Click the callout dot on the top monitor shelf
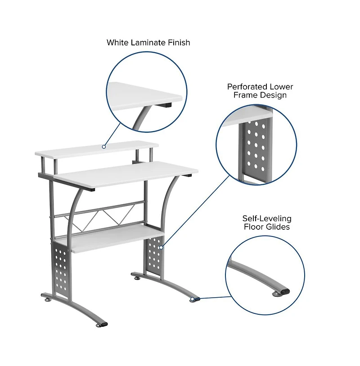[104, 146]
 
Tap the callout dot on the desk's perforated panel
[161, 247]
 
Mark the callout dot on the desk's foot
[193, 299]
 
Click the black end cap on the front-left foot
[103, 323]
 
